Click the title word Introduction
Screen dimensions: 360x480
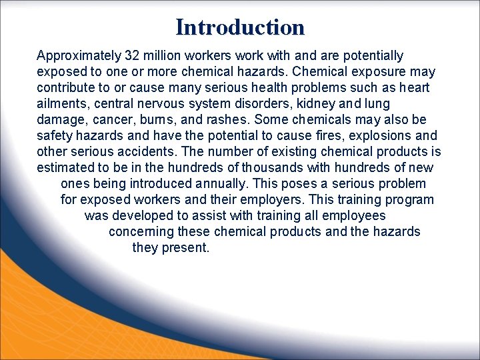click(x=240, y=27)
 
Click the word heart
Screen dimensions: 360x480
click(x=415, y=88)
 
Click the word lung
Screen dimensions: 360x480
click(x=376, y=104)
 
